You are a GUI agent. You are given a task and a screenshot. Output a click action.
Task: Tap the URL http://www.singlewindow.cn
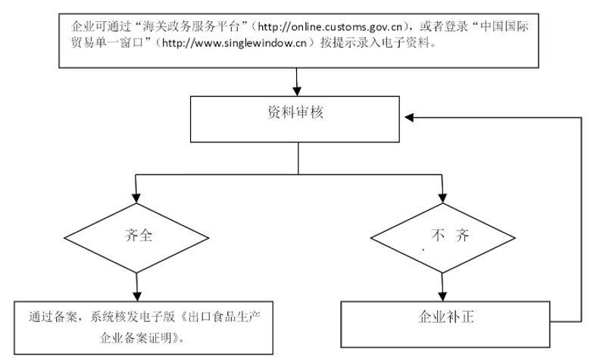234,43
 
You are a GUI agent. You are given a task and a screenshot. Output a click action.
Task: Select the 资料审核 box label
295,112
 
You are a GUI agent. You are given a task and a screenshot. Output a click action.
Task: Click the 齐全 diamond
136,238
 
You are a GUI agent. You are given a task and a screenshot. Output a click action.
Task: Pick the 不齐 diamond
443,238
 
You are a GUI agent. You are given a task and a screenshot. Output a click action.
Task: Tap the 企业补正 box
445,324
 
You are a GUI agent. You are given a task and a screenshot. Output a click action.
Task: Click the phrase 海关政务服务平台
192,27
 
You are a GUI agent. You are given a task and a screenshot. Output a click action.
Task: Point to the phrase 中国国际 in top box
504,27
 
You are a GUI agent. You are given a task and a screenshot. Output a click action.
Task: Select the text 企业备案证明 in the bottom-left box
136,338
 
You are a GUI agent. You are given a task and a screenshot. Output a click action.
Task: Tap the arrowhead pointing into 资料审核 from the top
297,91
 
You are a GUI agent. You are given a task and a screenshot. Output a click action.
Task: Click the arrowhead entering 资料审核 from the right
409,117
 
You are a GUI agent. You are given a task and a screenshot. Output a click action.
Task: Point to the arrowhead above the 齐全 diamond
136,198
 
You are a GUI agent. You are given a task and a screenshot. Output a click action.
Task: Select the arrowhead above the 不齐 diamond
443,198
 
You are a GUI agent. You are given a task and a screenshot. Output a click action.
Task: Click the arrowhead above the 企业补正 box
443,296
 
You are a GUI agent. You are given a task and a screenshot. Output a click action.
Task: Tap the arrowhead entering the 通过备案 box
137,296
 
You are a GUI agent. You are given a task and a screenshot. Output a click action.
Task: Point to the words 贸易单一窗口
107,43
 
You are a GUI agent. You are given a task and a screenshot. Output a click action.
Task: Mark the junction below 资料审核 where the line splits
298,174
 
